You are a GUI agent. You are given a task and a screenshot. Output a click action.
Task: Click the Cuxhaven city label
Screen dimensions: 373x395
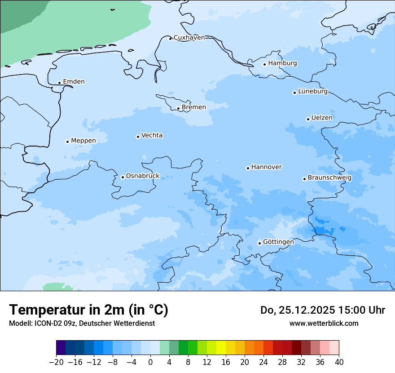click(x=189, y=38)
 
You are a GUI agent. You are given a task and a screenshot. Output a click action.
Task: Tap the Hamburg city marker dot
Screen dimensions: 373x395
click(x=265, y=64)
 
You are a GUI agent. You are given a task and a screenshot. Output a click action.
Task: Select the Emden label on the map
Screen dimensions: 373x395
click(x=74, y=82)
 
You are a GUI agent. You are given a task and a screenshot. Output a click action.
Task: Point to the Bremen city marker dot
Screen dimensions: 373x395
click(x=178, y=108)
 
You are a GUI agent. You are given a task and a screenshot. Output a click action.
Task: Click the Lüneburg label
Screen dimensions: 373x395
click(x=313, y=92)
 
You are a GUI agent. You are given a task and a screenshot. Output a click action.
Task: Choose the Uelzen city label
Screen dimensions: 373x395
click(x=322, y=118)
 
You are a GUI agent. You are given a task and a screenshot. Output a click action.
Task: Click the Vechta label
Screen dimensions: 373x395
click(x=152, y=135)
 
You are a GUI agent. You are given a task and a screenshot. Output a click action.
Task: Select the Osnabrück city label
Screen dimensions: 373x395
click(x=143, y=176)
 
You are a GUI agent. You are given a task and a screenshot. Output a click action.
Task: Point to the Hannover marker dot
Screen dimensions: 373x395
click(x=248, y=168)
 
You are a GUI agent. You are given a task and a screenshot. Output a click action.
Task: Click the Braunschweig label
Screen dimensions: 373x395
click(x=329, y=178)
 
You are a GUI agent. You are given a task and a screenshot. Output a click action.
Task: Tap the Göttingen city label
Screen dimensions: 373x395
click(x=278, y=242)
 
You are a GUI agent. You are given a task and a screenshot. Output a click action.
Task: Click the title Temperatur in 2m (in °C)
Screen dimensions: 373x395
click(x=88, y=310)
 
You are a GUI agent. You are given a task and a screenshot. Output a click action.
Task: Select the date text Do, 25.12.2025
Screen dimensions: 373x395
click(x=297, y=310)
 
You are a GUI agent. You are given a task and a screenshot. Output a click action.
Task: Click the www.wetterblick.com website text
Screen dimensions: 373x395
click(x=324, y=323)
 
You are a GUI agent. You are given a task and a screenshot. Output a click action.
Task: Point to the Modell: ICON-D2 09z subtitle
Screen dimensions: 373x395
click(x=43, y=323)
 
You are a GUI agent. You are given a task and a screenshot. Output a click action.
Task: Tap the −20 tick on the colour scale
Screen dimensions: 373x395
click(x=57, y=362)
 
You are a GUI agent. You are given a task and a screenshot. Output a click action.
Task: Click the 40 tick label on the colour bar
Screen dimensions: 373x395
click(x=339, y=362)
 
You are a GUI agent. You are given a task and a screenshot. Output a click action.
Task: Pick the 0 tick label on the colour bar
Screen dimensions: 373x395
click(x=150, y=362)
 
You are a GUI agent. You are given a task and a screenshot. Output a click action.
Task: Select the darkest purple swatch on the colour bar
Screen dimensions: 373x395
click(x=61, y=348)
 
